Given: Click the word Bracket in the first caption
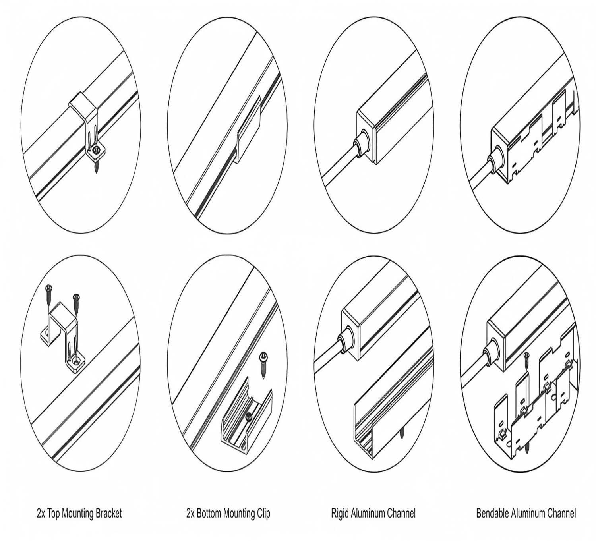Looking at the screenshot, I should point(108,513).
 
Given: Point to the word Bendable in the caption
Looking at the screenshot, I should point(492,513).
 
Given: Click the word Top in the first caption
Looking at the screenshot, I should point(54,513).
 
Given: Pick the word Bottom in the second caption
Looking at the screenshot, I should point(209,513).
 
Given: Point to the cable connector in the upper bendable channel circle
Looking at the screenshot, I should point(495,161).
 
